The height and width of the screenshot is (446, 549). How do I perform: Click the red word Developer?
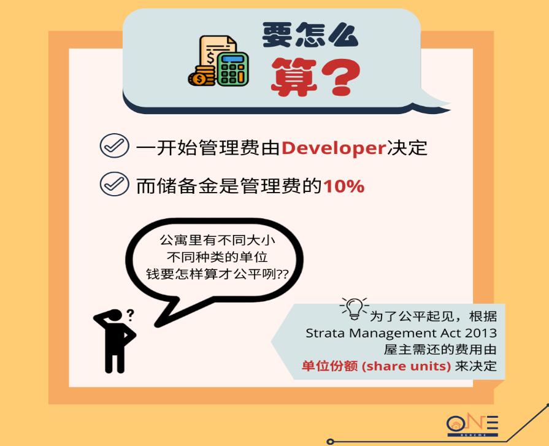coord(334,148)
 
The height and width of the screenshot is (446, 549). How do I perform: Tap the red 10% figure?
coord(344,186)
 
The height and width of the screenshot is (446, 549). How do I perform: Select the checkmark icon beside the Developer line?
coord(114,145)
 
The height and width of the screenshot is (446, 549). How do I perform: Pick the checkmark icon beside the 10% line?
coord(114,184)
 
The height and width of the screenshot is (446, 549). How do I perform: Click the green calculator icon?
coord(233,69)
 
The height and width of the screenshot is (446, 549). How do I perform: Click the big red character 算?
coord(294,77)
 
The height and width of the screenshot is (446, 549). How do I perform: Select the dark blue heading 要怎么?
coord(310,34)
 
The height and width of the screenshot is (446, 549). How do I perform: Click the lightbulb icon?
coord(354,308)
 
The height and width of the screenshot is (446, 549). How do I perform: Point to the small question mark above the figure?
coord(130,315)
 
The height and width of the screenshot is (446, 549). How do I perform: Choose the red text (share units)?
coord(406,366)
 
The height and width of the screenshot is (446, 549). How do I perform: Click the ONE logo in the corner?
coord(472,425)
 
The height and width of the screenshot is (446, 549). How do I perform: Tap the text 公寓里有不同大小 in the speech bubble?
coord(217,240)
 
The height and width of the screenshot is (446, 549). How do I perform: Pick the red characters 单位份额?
coord(330,366)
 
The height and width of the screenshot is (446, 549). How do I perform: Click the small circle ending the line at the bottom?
coord(330,442)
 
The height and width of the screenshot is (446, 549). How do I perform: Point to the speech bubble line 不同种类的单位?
coord(217,257)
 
